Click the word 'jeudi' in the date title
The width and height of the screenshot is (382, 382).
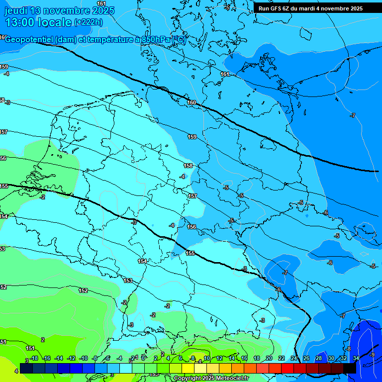point(16,10)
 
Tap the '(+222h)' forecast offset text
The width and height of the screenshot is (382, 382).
point(88,22)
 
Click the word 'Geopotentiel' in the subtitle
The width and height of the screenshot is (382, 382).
point(28,40)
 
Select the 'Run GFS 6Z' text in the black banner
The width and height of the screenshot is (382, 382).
point(274,8)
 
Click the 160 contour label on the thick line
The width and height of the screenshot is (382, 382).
point(191,102)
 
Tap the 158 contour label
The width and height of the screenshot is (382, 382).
point(188,166)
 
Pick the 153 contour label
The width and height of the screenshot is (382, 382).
point(128,281)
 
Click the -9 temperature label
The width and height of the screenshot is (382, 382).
point(373,355)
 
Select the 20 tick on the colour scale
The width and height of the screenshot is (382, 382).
point(269,358)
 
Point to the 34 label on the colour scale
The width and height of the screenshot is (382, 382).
point(356,358)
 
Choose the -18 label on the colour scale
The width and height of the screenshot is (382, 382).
point(34,358)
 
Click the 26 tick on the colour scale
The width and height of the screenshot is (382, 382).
point(306,358)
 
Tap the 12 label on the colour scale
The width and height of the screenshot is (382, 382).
point(219,358)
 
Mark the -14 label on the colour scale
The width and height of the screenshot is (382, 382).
point(59,358)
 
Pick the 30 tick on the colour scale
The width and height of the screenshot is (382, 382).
point(331,358)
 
